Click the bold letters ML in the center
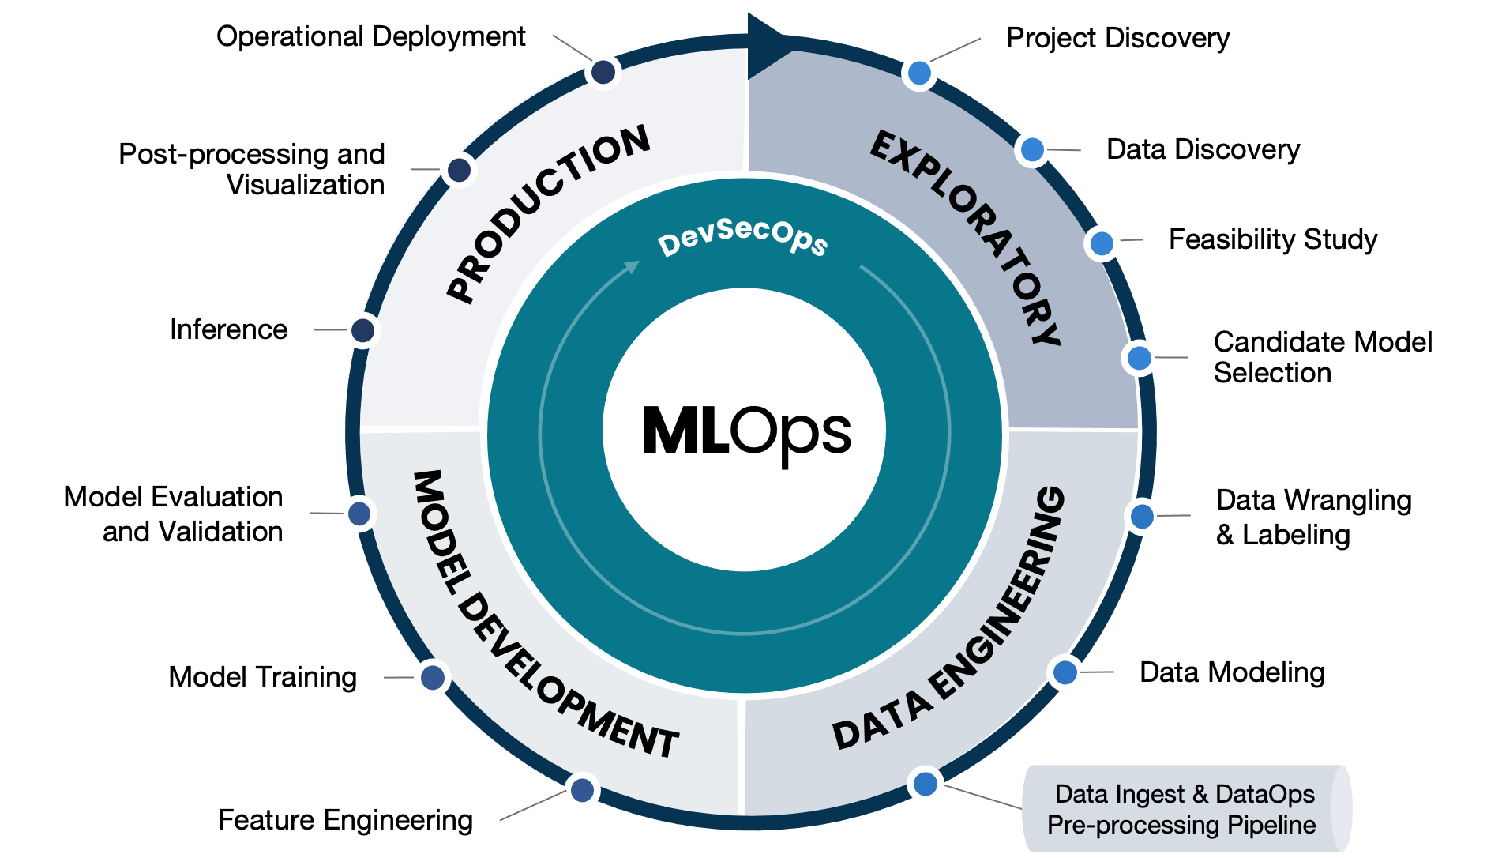[685, 431]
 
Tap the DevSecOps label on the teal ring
[742, 236]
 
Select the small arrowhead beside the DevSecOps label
[632, 267]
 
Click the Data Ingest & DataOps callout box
[1185, 809]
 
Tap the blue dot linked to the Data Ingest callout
[925, 785]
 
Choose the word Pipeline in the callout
[1271, 825]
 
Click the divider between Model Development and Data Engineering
[741, 755]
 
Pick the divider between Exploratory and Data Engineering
[1072, 429]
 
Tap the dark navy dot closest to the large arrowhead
[603, 72]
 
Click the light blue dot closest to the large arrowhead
[919, 73]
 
